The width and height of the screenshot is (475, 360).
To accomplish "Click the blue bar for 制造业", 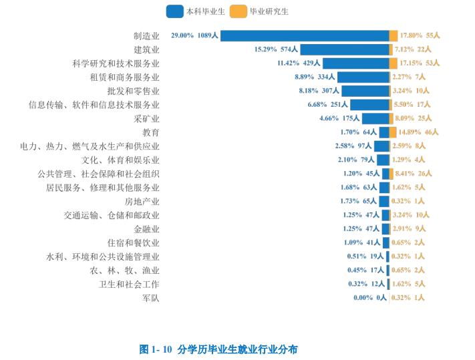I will [305, 35].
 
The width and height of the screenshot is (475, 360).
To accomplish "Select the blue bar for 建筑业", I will [345, 49].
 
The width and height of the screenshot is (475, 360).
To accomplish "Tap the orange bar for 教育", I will [393, 132].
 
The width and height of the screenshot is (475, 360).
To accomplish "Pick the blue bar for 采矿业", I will [375, 118].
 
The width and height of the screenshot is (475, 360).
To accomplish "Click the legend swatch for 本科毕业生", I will [175, 11].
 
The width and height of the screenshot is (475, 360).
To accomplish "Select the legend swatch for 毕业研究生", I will [238, 11].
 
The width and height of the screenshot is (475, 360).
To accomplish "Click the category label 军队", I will [151, 298].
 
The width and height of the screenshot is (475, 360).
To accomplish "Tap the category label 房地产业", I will [142, 201].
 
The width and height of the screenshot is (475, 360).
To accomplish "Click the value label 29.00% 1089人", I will [194, 35].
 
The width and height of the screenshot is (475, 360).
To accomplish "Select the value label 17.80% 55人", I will [420, 35].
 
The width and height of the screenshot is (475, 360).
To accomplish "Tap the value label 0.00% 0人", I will [370, 298].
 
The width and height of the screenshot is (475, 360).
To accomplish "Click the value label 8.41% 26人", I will [415, 174].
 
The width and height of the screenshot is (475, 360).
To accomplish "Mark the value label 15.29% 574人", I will [276, 49].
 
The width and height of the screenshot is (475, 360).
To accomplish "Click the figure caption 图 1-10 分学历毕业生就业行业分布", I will [218, 349].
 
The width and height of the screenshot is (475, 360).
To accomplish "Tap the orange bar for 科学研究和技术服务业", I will [393, 63].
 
